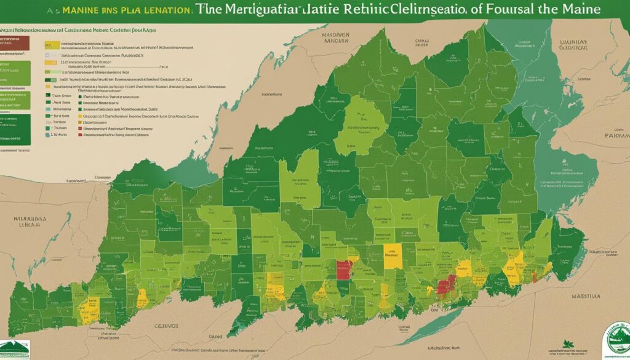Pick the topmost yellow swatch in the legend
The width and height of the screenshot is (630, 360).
click(x=52, y=45)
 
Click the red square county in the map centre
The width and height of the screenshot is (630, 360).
click(x=345, y=270)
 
